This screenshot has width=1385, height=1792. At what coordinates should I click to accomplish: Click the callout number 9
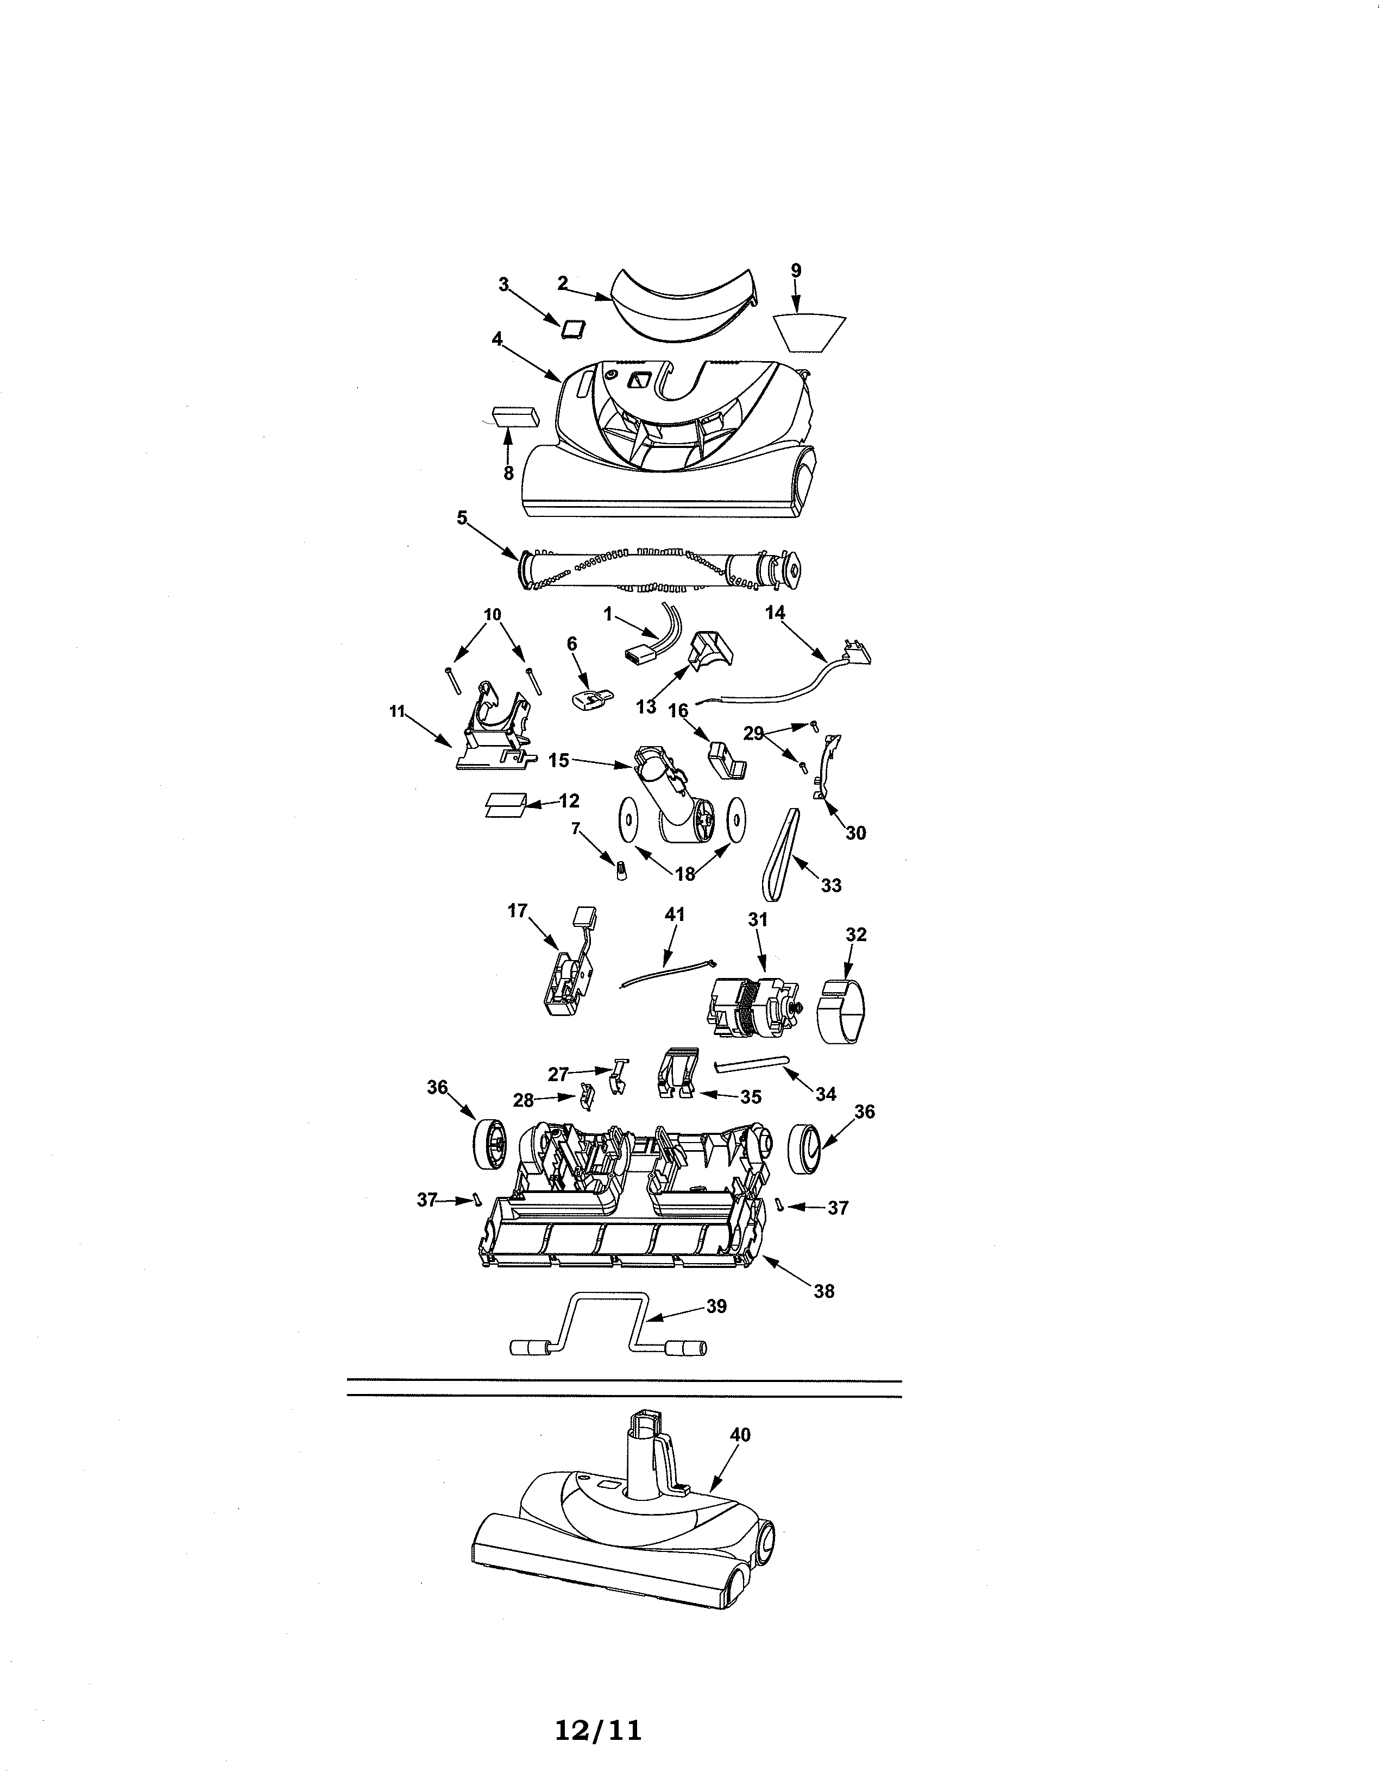[795, 270]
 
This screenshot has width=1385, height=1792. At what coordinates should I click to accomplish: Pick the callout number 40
[740, 1435]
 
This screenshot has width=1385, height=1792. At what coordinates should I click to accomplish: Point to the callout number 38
[824, 1291]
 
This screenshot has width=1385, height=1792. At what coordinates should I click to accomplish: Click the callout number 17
[517, 911]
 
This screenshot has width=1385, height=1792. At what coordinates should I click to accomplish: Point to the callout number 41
[675, 914]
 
